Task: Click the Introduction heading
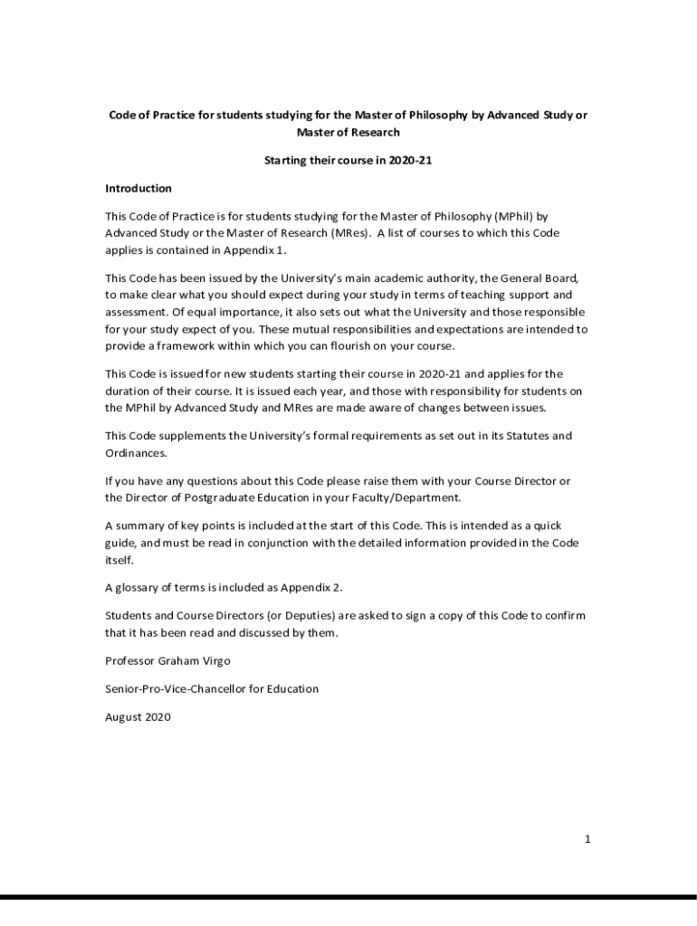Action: click(138, 188)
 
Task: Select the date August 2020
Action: click(138, 717)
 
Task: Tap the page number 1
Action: click(587, 839)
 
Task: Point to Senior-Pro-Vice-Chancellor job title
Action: click(212, 688)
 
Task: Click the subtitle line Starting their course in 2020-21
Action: click(348, 160)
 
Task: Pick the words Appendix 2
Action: click(310, 587)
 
